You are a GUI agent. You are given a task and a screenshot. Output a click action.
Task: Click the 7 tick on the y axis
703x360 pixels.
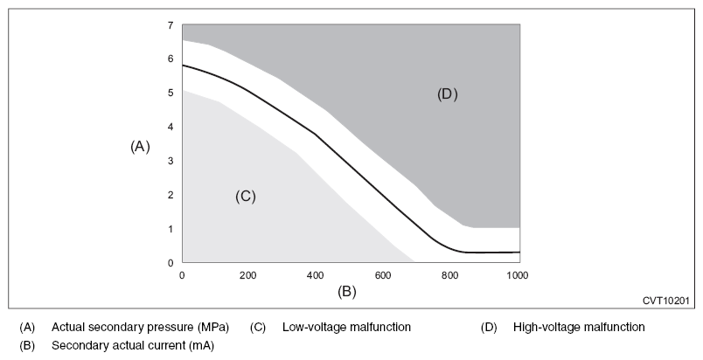point(171,25)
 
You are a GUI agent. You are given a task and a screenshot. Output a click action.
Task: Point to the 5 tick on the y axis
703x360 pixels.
point(171,93)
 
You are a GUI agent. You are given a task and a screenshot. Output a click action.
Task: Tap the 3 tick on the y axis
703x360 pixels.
point(171,161)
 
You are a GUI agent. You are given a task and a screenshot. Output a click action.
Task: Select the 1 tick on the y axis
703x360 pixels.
point(171,229)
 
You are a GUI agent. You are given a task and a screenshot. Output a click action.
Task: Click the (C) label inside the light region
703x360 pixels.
point(245,197)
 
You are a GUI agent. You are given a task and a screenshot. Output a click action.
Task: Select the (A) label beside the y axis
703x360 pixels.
point(140,147)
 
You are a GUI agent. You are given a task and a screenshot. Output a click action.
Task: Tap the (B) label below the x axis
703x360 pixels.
point(347,291)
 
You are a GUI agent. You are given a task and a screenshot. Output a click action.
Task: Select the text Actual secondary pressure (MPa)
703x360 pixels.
point(140,328)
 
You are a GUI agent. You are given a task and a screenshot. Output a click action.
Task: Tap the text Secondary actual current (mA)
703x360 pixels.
point(133,345)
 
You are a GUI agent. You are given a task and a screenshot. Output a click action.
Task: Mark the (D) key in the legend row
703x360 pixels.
point(489,328)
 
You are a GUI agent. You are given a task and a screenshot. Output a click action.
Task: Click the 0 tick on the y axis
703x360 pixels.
point(171,262)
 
